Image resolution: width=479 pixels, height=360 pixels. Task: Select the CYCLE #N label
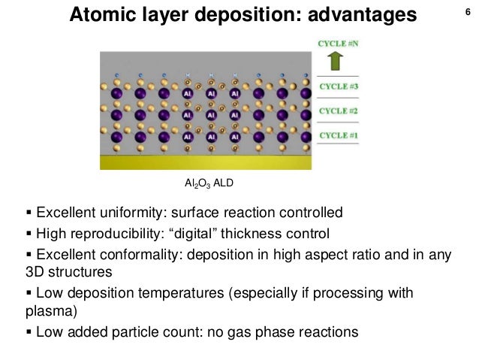tap(339, 44)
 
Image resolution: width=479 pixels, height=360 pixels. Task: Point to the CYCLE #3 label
tap(339, 86)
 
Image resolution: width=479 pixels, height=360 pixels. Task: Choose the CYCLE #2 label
tap(339, 111)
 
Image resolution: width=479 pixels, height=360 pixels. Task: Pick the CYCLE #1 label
tap(339, 135)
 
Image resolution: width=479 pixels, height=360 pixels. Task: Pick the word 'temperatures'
tap(197, 292)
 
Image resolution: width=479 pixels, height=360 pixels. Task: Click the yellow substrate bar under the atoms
tap(205, 162)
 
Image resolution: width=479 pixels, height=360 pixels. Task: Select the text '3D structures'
tap(69, 271)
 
